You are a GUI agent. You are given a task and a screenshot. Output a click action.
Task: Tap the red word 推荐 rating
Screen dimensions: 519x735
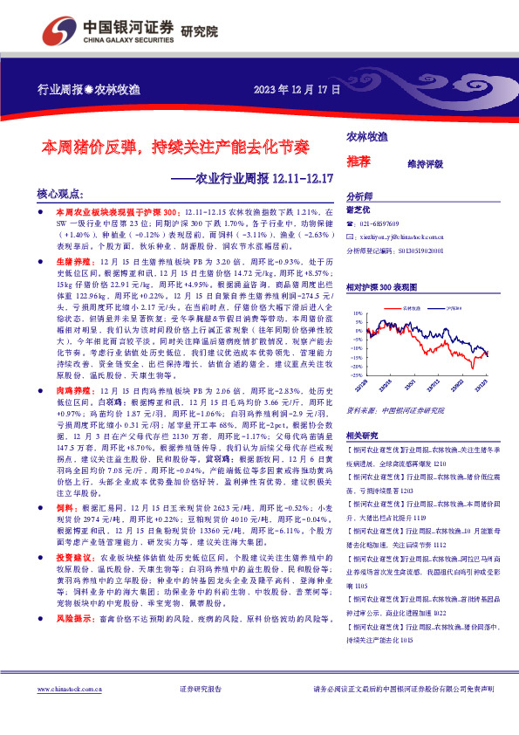point(358,163)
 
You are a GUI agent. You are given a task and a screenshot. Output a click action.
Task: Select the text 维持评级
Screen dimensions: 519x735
point(426,163)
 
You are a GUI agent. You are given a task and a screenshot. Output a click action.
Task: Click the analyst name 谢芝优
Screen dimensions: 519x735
point(359,210)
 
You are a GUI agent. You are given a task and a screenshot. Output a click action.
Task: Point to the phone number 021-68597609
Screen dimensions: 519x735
point(383,223)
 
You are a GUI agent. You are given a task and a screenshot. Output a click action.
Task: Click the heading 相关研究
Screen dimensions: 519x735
point(363,435)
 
